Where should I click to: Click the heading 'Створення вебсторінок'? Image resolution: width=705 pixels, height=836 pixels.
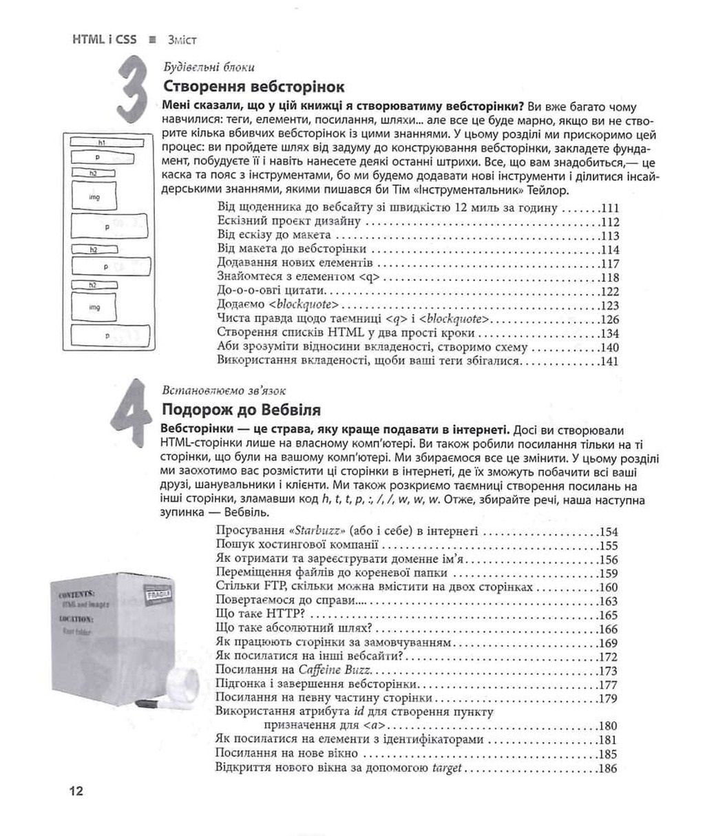coord(253,87)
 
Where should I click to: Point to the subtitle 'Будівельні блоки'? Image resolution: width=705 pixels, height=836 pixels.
coord(209,67)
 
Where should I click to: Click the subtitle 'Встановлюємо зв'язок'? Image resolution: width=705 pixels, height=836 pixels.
coord(223,390)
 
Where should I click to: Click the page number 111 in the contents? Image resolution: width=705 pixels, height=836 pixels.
coord(609,208)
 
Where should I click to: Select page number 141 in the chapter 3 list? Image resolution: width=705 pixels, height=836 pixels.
coord(609,361)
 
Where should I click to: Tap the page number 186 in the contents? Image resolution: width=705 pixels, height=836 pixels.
coord(609,769)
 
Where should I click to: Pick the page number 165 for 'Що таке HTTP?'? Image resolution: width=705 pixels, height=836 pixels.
coord(609,616)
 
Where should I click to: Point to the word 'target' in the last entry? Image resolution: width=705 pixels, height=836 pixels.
coord(445,769)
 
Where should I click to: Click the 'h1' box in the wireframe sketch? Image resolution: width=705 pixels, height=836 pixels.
coord(101,142)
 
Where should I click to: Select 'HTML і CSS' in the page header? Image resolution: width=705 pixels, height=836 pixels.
coord(104,39)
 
